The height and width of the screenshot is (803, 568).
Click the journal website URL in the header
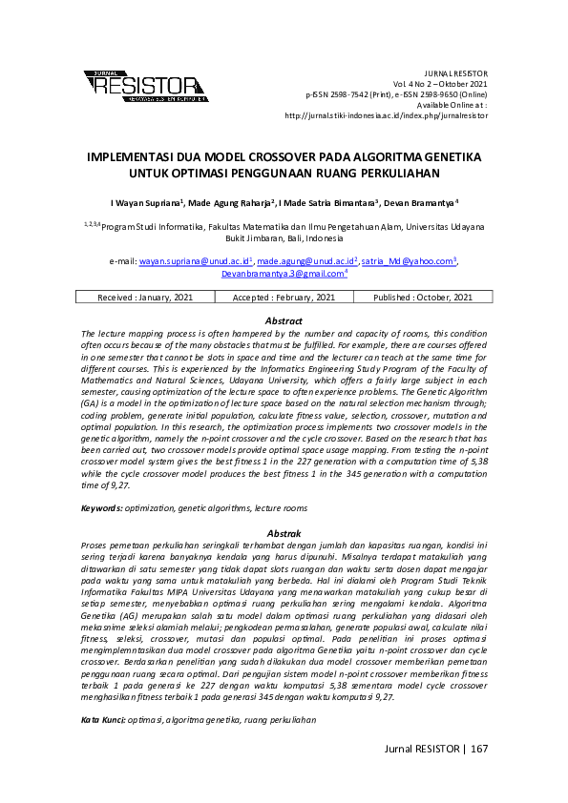click(387, 115)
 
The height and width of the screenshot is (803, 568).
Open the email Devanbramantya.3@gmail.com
click(283, 274)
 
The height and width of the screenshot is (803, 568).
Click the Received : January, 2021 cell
click(145, 298)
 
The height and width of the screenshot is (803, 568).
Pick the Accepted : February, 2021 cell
click(284, 298)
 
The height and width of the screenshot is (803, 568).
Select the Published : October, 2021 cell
click(423, 298)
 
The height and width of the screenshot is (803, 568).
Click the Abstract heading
click(284, 321)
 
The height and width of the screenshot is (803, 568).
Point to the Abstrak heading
click(284, 533)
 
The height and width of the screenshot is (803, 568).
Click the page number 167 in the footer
click(478, 749)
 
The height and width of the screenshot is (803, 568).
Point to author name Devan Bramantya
click(423, 203)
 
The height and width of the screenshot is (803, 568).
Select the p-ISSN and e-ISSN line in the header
click(396, 94)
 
